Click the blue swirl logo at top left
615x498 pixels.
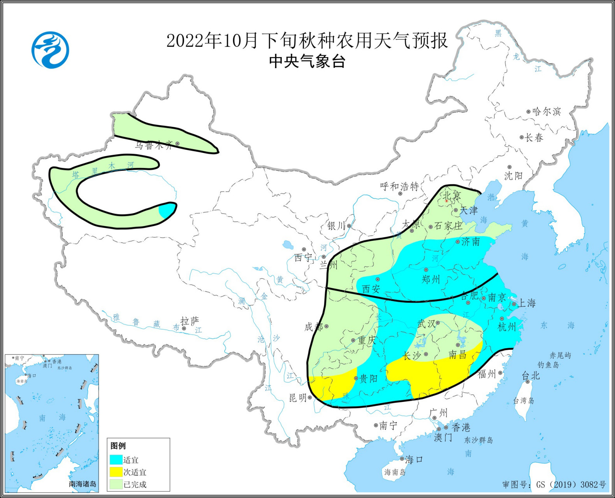pos(50,50)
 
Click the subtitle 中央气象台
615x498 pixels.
pos(307,62)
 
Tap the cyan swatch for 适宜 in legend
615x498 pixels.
pos(116,460)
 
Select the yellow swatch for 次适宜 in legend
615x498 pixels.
pos(116,472)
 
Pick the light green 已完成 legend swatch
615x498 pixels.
pos(116,484)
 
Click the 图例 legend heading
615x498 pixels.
pos(118,446)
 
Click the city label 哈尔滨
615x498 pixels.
pos(546,112)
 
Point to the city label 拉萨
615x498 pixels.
pos(190,321)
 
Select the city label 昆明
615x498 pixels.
pos(298,398)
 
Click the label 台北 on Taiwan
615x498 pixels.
pos(531,375)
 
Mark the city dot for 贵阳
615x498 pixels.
pos(356,378)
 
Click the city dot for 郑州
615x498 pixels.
pos(426,270)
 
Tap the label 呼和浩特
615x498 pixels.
pos(399,186)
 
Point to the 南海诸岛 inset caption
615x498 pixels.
pos(82,484)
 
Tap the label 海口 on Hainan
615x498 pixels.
pos(414,459)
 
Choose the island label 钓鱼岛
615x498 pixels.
pos(548,365)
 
